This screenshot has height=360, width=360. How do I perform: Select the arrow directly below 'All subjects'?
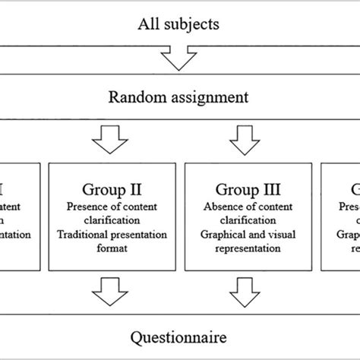(x=179, y=58)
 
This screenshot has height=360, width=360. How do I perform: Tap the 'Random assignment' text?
(x=179, y=97)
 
